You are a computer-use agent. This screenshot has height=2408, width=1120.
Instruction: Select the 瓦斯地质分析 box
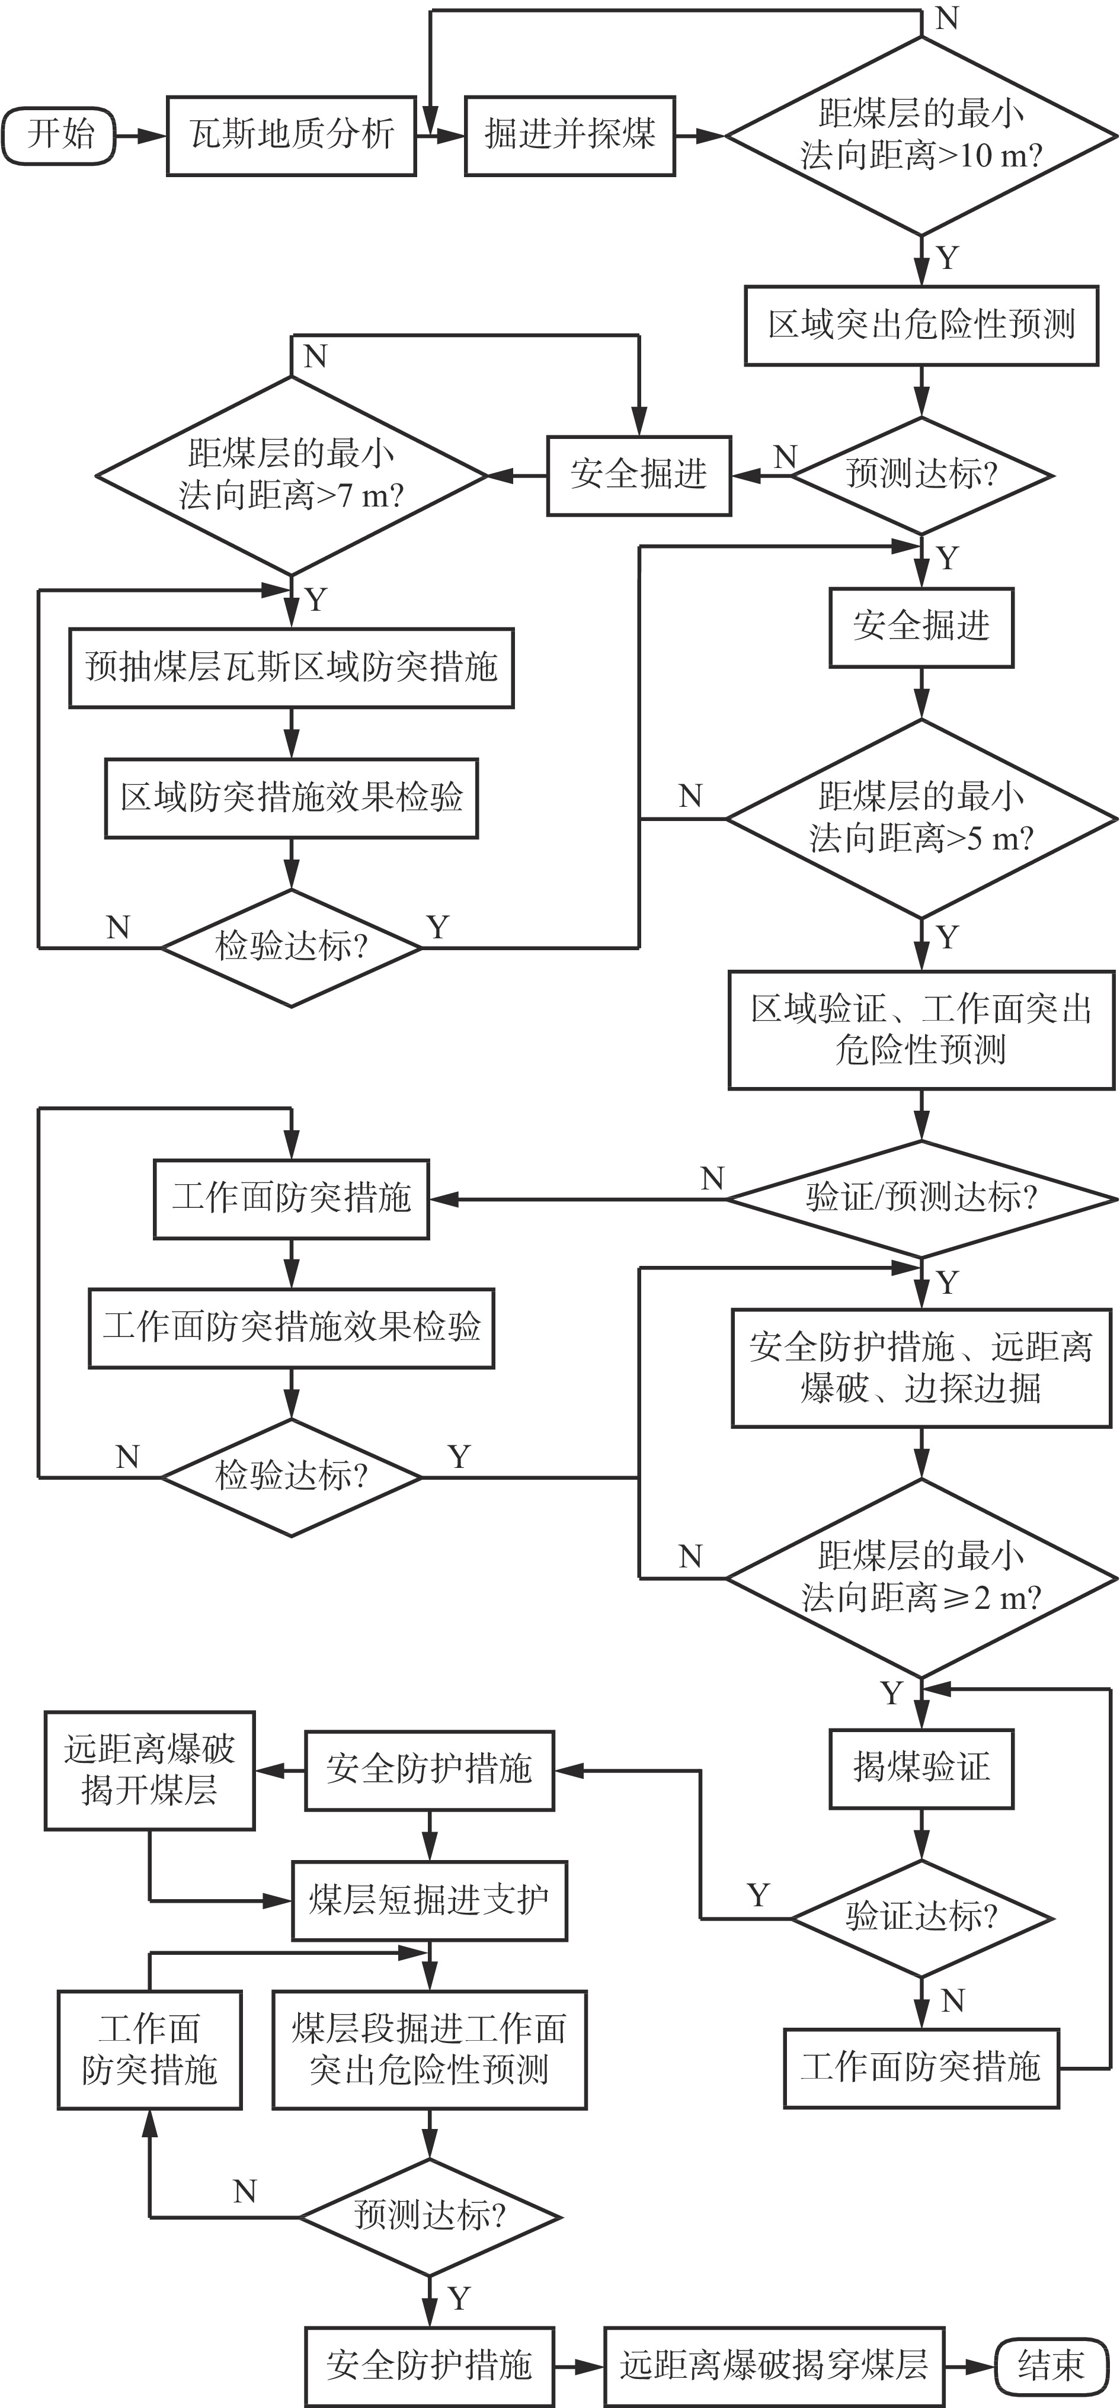(291, 136)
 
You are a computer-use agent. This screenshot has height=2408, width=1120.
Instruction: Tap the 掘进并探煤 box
(569, 136)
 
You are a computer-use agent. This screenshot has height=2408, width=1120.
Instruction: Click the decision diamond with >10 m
(921, 136)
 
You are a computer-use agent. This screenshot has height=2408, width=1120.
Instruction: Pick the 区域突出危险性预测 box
(921, 325)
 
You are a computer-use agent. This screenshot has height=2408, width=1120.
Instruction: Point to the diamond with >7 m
(291, 476)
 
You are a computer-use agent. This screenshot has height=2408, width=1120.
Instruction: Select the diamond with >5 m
(921, 819)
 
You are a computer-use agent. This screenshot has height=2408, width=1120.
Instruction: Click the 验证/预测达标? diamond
(921, 1198)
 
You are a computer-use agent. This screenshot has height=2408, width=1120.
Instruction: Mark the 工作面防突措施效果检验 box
(291, 1328)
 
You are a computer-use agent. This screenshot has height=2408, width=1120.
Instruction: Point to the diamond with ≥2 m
(921, 1578)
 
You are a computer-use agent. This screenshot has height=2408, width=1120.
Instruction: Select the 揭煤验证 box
(921, 1768)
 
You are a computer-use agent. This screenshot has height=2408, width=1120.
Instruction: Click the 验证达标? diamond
(921, 1918)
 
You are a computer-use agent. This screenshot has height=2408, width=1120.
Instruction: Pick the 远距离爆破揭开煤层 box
(149, 1771)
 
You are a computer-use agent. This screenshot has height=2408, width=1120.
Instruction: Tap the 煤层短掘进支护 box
(429, 1900)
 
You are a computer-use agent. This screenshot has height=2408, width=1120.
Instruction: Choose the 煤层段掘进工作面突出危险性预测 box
(429, 2050)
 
